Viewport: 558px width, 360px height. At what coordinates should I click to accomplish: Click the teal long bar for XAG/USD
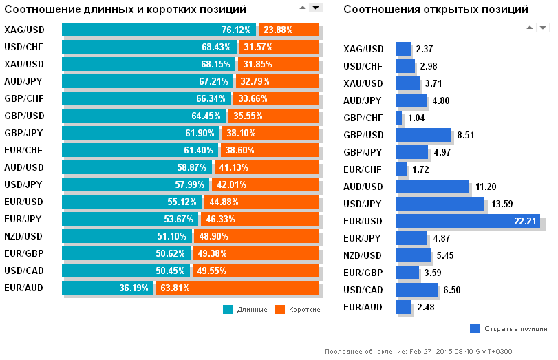click(x=158, y=30)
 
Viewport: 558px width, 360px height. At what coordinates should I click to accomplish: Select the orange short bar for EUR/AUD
click(x=237, y=288)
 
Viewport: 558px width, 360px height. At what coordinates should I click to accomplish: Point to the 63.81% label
click(x=175, y=288)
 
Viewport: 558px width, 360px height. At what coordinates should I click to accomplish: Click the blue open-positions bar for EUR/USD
click(x=467, y=220)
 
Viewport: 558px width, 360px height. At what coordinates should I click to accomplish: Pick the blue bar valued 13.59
click(x=440, y=203)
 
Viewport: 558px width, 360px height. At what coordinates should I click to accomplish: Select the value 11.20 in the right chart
click(x=486, y=187)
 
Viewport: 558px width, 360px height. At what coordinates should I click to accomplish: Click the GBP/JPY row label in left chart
click(x=23, y=133)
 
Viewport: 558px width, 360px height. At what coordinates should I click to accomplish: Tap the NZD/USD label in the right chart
click(x=363, y=255)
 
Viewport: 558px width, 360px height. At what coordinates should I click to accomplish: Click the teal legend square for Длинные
click(x=228, y=310)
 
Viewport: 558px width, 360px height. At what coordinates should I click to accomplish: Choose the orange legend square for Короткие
click(x=279, y=310)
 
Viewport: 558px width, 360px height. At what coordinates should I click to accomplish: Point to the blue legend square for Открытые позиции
click(x=475, y=328)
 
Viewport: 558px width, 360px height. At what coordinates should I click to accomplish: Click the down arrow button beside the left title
click(x=316, y=8)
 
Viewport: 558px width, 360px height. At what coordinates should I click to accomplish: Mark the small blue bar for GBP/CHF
click(x=399, y=118)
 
